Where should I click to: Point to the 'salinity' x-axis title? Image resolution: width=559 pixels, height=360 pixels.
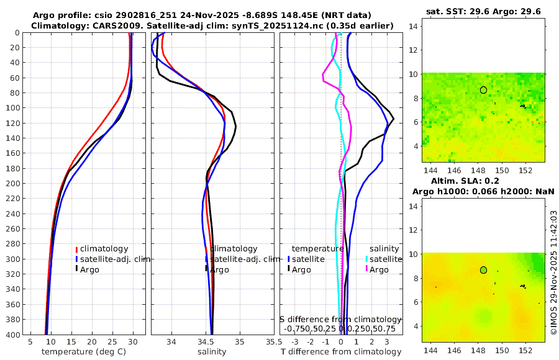[212, 352]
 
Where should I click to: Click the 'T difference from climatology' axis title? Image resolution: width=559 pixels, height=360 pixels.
[340, 352]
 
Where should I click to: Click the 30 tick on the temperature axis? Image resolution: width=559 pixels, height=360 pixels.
[133, 341]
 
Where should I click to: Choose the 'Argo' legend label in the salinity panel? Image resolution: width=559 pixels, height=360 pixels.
[219, 269]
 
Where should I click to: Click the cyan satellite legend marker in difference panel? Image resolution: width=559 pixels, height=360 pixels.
[366, 259]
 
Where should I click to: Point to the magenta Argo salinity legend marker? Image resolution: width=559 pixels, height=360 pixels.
[366, 269]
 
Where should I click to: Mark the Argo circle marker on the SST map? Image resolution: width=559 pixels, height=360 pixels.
[483, 90]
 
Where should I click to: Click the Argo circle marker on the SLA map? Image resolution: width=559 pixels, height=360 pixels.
[483, 270]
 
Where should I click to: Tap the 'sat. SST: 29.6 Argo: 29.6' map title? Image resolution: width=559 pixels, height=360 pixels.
[483, 11]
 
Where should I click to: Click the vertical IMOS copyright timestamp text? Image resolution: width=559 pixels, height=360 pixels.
[553, 272]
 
